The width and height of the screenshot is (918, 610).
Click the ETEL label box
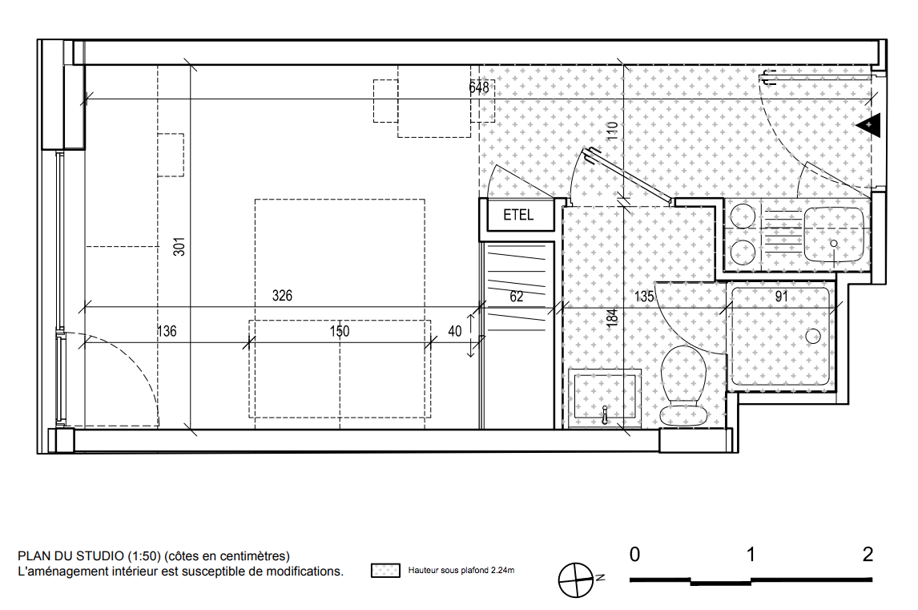(517, 215)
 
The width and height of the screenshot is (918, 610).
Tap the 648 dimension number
(479, 87)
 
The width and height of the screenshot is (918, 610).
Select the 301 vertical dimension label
(179, 247)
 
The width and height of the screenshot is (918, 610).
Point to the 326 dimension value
(282, 295)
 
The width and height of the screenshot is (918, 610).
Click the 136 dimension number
(167, 331)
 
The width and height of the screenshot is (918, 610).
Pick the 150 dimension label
(340, 331)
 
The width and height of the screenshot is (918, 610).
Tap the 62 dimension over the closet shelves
(517, 297)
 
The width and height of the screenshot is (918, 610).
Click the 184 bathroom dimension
(612, 317)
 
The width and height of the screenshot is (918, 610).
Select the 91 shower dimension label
(782, 297)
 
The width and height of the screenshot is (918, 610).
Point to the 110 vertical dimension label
(612, 130)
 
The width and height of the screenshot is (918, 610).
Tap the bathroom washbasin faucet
(605, 415)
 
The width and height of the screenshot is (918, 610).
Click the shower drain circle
(813, 336)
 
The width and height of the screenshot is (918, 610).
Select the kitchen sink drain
(834, 243)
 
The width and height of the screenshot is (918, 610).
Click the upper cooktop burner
(743, 216)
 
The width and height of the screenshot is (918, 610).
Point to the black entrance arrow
(869, 125)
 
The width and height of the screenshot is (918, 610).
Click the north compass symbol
(576, 580)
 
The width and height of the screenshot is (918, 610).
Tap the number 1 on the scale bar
(751, 554)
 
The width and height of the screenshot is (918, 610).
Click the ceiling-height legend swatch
(385, 570)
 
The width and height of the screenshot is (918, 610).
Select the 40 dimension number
(455, 331)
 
